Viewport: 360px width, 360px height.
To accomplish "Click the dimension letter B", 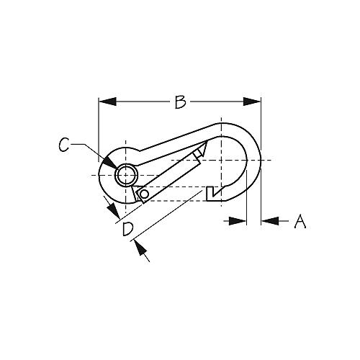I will tap(180, 102).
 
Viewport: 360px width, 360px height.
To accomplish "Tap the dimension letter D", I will tap(127, 230).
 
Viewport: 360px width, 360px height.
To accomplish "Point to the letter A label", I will tap(300, 222).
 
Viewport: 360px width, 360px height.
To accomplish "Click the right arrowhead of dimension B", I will tap(256, 102).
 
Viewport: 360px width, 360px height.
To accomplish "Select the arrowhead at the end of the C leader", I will tap(115, 166).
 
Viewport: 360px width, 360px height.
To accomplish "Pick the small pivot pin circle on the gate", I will tap(145, 194).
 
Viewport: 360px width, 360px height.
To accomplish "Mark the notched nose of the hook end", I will tap(211, 193).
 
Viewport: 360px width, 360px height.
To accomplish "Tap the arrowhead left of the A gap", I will tap(241, 221).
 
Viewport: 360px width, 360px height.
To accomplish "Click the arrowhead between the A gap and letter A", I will tap(268, 221).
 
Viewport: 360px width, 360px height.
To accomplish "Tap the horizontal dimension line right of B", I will tap(220, 102).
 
